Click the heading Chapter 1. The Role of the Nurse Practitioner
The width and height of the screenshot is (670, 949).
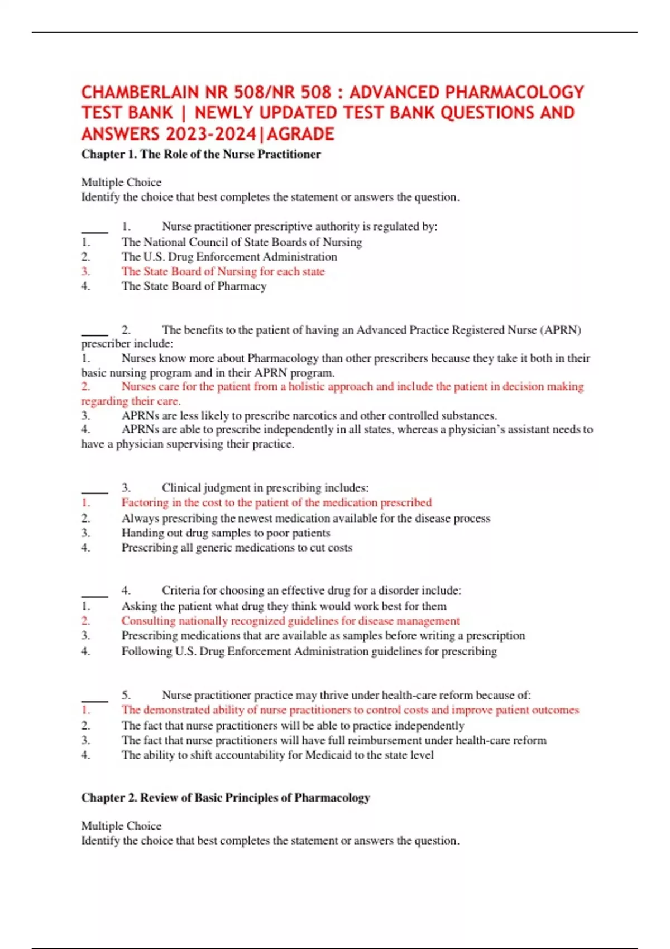(x=201, y=154)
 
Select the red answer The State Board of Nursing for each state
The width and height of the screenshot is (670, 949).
(x=223, y=271)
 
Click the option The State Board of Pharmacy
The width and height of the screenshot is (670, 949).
(x=194, y=286)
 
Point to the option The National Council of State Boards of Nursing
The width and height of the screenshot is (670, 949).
(x=242, y=242)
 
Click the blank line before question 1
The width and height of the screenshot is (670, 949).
(x=94, y=230)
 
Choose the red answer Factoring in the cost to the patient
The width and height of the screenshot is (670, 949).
(x=276, y=502)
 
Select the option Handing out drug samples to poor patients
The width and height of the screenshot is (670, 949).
(x=226, y=533)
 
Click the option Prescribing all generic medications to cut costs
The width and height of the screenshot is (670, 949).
(x=237, y=548)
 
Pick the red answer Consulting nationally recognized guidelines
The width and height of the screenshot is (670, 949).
(x=290, y=621)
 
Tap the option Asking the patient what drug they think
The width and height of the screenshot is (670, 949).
(x=284, y=606)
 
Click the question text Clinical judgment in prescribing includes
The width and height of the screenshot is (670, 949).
(x=265, y=487)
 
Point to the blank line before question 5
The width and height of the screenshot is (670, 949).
(x=94, y=699)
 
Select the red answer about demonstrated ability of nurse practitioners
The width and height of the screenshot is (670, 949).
(x=350, y=710)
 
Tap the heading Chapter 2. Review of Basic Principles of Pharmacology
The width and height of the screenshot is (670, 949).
(x=226, y=797)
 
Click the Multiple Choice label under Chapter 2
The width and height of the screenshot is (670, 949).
(x=121, y=826)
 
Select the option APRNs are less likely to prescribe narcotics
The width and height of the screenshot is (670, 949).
(x=309, y=415)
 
